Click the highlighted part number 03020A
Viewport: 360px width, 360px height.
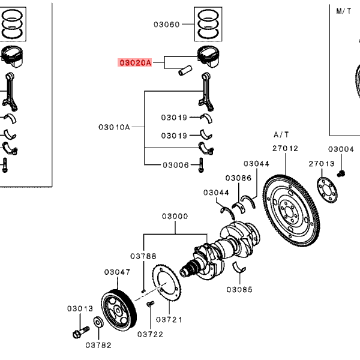point(135,62)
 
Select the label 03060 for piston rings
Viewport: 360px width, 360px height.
point(166,25)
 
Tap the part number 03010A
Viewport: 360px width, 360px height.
point(114,127)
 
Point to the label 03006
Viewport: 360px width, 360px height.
point(176,165)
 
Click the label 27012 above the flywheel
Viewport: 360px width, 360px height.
point(285,148)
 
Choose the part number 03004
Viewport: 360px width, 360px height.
point(341,149)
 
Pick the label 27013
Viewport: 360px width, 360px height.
point(322,164)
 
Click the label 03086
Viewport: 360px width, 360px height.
point(238,178)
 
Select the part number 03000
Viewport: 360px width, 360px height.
point(175,216)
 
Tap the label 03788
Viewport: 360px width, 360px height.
point(143,256)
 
